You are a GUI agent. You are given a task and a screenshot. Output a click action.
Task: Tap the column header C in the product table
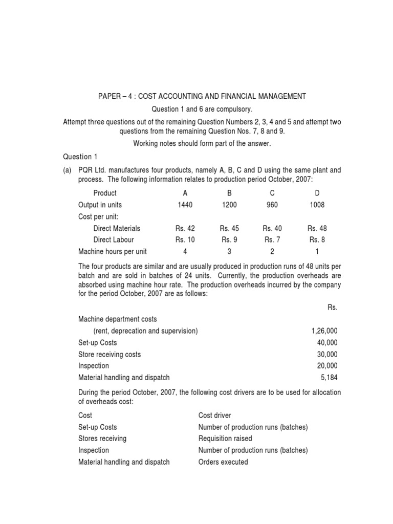272,193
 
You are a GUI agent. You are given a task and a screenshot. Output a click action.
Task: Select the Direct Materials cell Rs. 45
229,228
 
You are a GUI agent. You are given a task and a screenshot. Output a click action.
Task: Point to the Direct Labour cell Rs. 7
272,239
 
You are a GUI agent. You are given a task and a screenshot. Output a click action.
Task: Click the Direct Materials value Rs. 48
317,228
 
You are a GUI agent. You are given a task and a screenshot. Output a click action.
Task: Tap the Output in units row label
100,205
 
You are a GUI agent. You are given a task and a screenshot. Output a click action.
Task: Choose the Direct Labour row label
114,239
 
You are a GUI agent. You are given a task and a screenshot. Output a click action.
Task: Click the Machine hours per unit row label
112,251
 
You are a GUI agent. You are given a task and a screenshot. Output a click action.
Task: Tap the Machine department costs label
117,319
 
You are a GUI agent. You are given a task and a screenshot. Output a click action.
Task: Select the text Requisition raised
225,439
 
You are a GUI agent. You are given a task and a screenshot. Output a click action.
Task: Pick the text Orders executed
223,462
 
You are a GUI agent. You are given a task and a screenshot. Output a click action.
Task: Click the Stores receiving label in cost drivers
102,439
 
